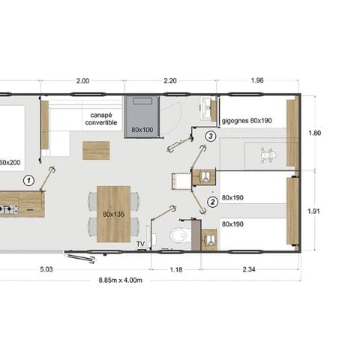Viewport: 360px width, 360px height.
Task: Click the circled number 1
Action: click(x=28, y=180)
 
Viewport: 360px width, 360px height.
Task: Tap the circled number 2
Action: click(x=212, y=200)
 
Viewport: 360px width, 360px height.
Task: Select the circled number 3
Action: click(x=211, y=136)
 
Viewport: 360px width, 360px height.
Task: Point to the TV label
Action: click(x=140, y=244)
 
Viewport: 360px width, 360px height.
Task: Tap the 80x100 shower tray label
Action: click(x=142, y=129)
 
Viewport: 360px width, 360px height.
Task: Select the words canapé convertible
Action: click(x=101, y=119)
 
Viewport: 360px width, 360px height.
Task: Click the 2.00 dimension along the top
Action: click(x=82, y=80)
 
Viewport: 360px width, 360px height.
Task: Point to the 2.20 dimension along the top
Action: click(x=170, y=80)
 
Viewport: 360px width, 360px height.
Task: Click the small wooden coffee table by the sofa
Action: click(x=96, y=150)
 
